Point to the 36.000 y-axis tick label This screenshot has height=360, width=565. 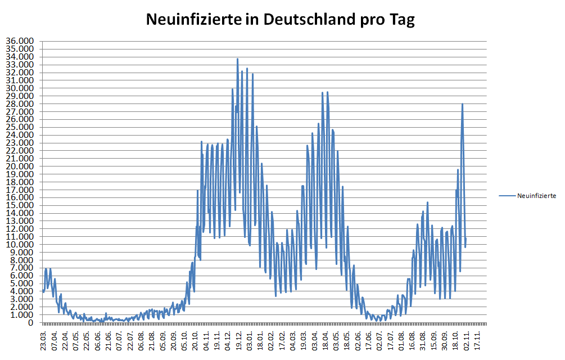pos(20,41)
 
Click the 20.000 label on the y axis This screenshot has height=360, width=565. pos(20,166)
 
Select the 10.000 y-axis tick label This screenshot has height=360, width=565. pos(20,245)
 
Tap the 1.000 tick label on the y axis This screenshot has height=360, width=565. pos(22,315)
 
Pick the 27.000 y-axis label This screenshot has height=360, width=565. pos(20,112)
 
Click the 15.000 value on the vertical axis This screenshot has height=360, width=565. pos(20,205)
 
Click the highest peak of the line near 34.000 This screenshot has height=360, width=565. pos(237,58)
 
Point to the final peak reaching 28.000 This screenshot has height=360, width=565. pos(462,104)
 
